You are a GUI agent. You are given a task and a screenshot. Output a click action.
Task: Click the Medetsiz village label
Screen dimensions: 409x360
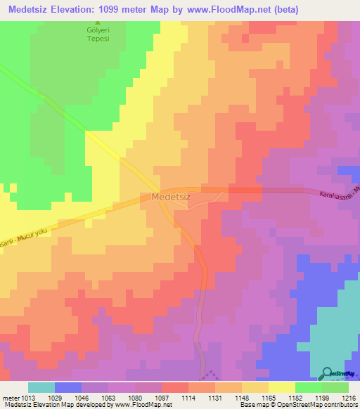pyautogui.click(x=171, y=197)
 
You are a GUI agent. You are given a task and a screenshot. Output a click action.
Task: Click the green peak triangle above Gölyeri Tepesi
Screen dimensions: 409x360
pyautogui.click(x=98, y=25)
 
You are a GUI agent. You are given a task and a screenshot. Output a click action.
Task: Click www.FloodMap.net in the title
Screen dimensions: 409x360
pyautogui.click(x=229, y=10)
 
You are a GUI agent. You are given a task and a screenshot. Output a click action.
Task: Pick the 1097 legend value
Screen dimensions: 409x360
pyautogui.click(x=161, y=398)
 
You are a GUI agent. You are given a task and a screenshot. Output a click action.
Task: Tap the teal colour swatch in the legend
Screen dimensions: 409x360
pyautogui.click(x=41, y=387)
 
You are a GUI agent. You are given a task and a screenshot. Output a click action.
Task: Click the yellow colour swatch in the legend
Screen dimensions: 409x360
pyautogui.click(x=281, y=387)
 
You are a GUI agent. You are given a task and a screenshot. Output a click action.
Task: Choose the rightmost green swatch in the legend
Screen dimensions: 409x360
pyautogui.click(x=335, y=387)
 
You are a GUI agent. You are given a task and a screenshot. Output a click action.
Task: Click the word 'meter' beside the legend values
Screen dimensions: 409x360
pyautogui.click(x=9, y=398)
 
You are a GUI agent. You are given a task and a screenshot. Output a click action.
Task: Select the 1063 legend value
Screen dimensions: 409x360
pyautogui.click(x=108, y=398)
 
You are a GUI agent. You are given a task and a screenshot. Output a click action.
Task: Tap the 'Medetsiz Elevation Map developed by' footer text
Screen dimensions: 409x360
pyautogui.click(x=49, y=405)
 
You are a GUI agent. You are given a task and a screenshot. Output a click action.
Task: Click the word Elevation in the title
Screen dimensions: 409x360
pyautogui.click(x=79, y=10)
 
